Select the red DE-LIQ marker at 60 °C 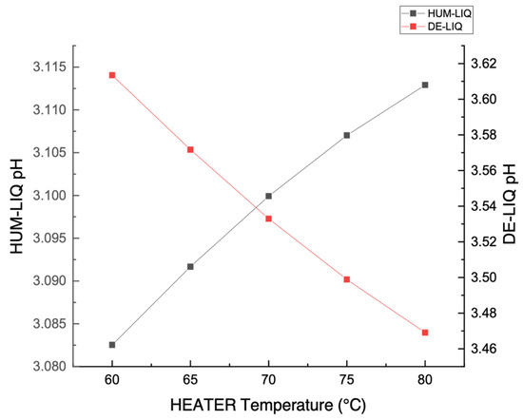point(112,75)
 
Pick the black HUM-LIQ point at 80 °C point(425,85)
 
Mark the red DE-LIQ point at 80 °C point(425,333)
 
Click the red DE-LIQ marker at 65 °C point(190,149)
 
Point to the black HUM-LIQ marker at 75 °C point(347,135)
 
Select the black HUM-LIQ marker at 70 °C point(269,196)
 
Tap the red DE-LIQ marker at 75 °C point(347,279)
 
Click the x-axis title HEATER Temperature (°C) point(268,407)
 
